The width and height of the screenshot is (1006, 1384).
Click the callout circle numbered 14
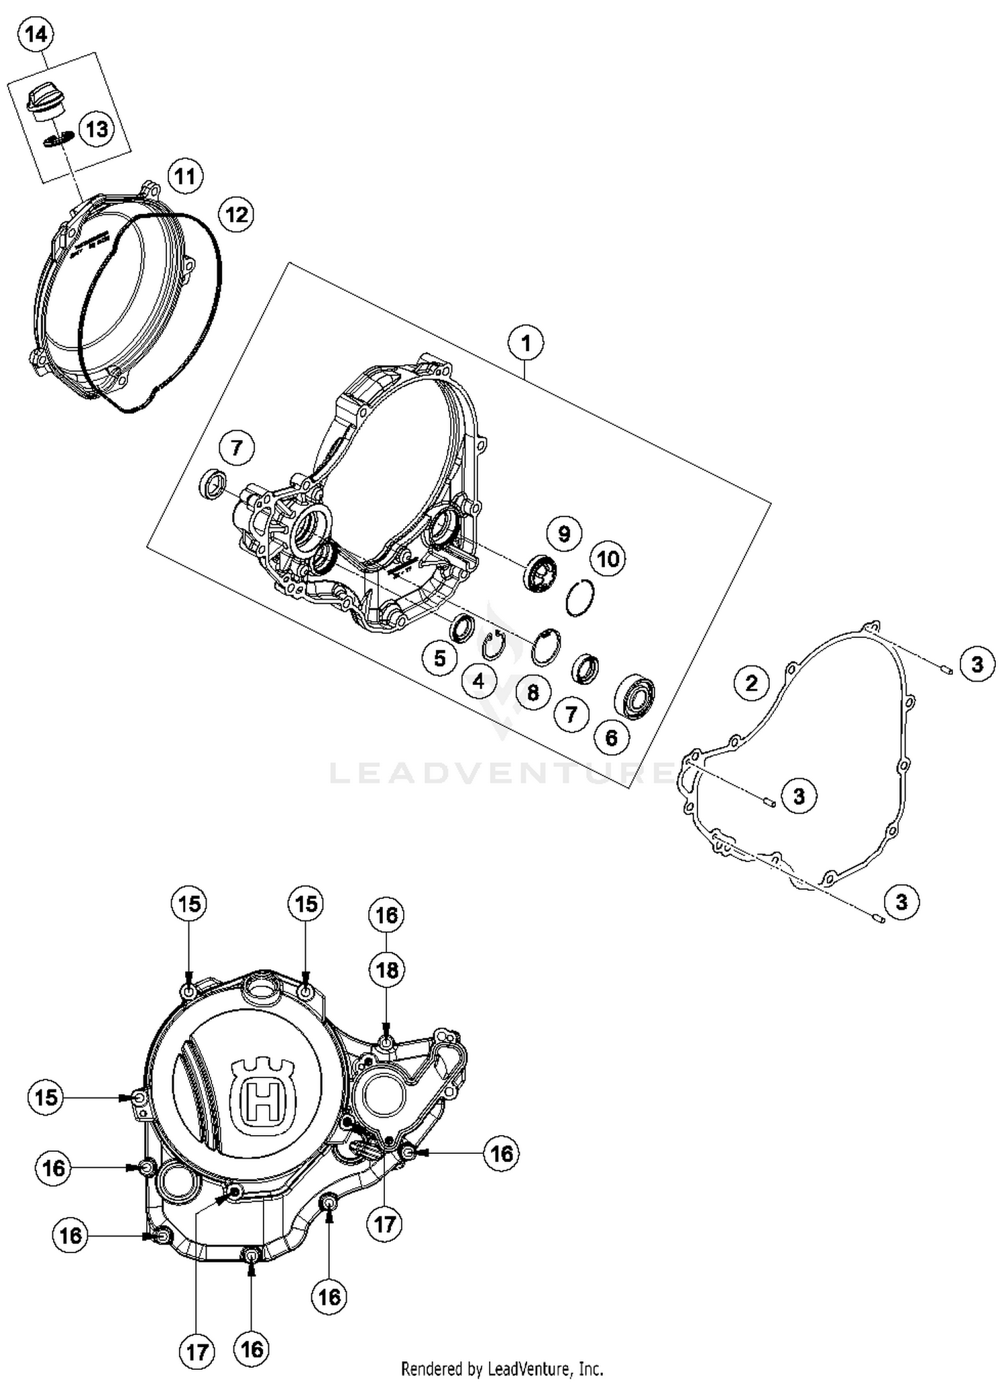[36, 34]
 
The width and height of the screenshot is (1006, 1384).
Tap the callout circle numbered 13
[97, 129]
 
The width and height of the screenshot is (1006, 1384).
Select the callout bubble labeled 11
[185, 177]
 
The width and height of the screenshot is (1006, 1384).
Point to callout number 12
[236, 215]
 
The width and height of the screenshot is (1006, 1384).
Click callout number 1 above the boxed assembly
[526, 343]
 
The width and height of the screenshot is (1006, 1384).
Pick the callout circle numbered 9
[564, 534]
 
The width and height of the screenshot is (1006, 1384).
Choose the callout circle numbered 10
[608, 559]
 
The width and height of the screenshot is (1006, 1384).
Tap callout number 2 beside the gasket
[751, 683]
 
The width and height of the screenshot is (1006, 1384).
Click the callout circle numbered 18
[386, 970]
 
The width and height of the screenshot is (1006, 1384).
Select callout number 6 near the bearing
[611, 737]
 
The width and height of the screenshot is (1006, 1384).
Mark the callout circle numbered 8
[533, 692]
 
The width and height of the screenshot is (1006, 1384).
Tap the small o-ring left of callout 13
[58, 140]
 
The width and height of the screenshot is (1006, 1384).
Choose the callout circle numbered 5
[440, 658]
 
